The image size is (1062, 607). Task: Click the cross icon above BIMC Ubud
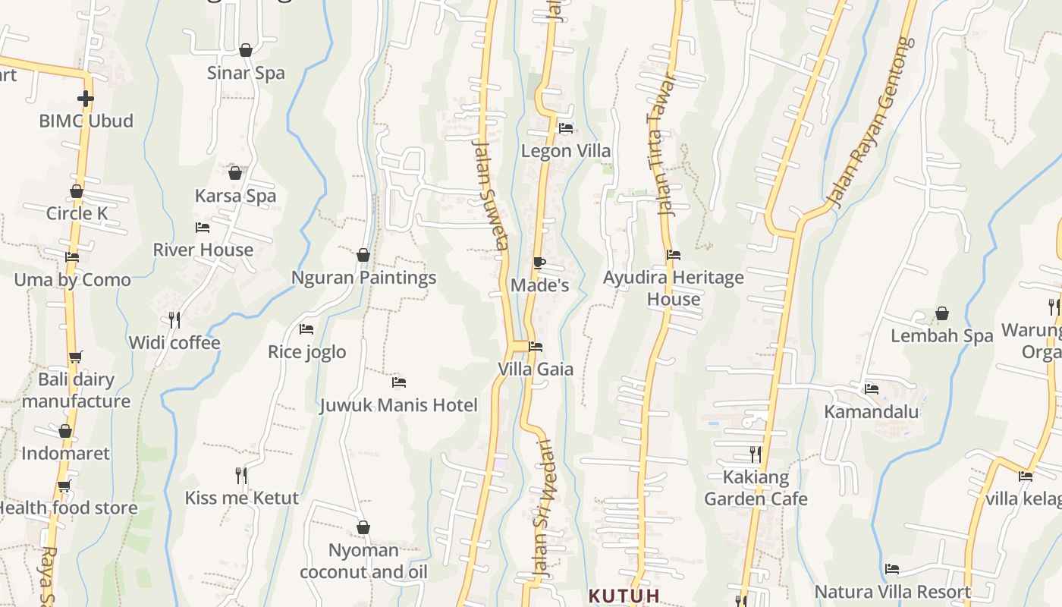(x=86, y=98)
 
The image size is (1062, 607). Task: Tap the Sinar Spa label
(x=246, y=73)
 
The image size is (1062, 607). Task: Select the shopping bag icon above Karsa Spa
(x=235, y=173)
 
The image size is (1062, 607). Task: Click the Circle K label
(x=77, y=213)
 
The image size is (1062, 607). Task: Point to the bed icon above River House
(x=203, y=227)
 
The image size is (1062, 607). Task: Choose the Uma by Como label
(x=72, y=280)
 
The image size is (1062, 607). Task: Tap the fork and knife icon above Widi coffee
(x=174, y=319)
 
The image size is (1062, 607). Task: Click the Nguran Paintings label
(x=364, y=278)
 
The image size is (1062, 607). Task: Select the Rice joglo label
(x=306, y=352)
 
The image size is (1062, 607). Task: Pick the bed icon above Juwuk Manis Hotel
(x=399, y=382)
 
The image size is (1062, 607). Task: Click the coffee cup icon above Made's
(x=539, y=263)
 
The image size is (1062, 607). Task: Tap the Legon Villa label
(x=565, y=151)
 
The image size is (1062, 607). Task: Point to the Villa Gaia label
(x=536, y=370)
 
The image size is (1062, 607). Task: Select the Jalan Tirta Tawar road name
(x=662, y=148)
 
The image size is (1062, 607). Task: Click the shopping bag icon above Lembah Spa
(x=941, y=313)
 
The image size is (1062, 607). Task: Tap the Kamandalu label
(x=872, y=412)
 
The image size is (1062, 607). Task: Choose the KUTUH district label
(x=624, y=596)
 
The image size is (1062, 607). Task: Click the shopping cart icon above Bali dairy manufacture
(x=75, y=357)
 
